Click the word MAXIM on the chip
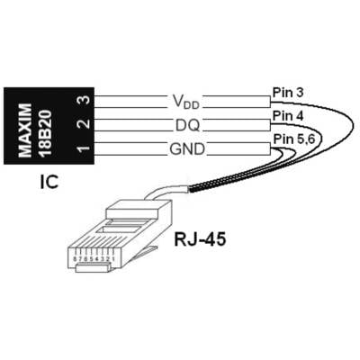point(25,130)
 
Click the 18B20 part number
point(46,133)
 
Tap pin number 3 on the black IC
point(85,100)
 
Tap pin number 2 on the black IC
point(85,123)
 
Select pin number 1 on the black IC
point(85,148)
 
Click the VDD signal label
point(186,101)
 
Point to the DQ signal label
point(187,126)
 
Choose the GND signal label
point(187,149)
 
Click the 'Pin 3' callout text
point(288,93)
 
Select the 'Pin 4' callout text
point(288,116)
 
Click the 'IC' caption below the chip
point(49,182)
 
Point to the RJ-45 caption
point(200,239)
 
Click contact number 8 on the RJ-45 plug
point(75,258)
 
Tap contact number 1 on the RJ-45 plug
point(112,258)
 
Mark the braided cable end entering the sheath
point(198,189)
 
